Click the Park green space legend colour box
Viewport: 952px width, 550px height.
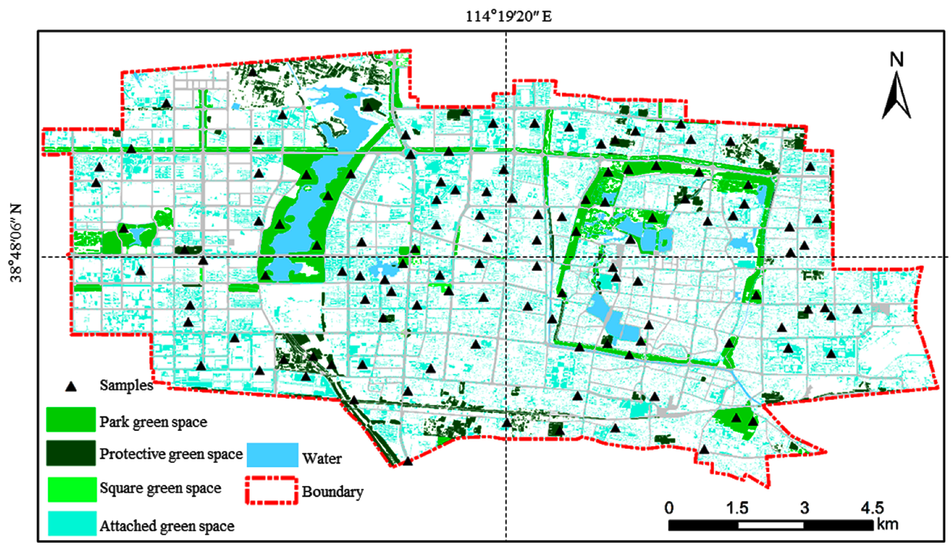(71, 419)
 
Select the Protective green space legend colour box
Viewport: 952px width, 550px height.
(71, 453)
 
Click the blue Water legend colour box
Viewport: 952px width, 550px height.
(272, 455)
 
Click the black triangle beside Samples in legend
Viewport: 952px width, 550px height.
(71, 386)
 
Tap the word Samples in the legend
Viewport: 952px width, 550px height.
(126, 385)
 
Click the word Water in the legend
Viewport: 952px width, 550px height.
(322, 458)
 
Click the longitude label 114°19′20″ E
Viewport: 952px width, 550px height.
(508, 17)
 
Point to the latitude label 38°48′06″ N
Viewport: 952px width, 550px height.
(16, 243)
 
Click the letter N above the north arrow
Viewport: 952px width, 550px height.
(897, 60)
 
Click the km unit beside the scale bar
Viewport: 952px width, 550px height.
(888, 525)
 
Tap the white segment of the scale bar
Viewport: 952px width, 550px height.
(771, 525)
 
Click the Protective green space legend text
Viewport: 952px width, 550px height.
(171, 454)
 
